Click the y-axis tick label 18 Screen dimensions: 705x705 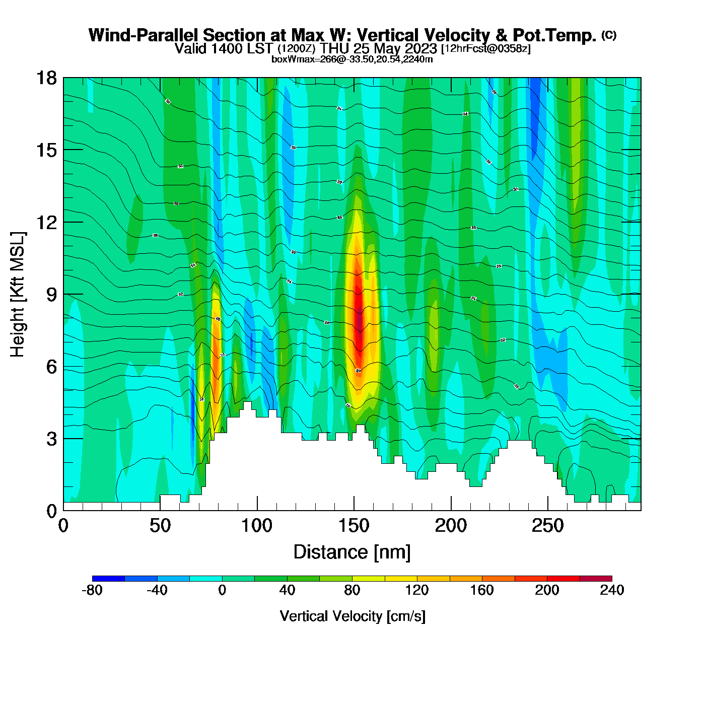click(x=46, y=78)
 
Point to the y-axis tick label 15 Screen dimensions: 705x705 click(x=46, y=150)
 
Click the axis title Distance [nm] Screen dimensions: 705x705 click(x=352, y=552)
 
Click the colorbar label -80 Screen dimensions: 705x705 click(x=92, y=590)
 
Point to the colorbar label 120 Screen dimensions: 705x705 click(x=417, y=590)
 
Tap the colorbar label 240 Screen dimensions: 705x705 click(x=612, y=590)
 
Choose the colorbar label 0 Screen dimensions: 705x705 click(x=222, y=590)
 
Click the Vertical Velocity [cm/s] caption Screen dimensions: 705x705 click(x=352, y=616)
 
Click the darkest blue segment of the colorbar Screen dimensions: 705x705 click(x=108, y=579)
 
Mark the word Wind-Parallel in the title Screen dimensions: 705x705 click(x=144, y=35)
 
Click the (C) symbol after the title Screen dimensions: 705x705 click(x=609, y=35)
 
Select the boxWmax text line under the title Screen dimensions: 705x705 click(x=352, y=59)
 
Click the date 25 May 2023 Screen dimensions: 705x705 click(x=395, y=49)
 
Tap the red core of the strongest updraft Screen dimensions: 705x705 click(x=358, y=317)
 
